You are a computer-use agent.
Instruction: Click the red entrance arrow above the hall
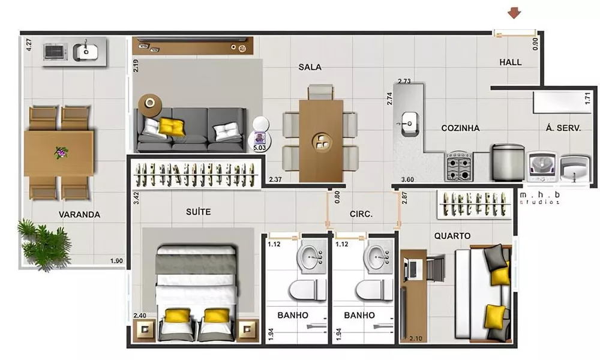[x=513, y=13]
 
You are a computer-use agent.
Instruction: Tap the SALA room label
[x=310, y=67]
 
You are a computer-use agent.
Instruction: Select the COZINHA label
[x=460, y=128]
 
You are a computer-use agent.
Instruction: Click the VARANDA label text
[x=79, y=215]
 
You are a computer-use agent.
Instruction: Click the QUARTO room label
[x=452, y=236]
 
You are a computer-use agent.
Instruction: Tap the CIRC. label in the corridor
[x=362, y=214]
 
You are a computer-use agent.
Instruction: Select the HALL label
[x=511, y=62]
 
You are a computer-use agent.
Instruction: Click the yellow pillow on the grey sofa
[x=172, y=127]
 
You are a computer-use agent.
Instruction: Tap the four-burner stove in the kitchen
[x=459, y=166]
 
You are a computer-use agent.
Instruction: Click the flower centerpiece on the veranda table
[x=61, y=153]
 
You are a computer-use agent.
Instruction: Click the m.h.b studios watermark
[x=541, y=199]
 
